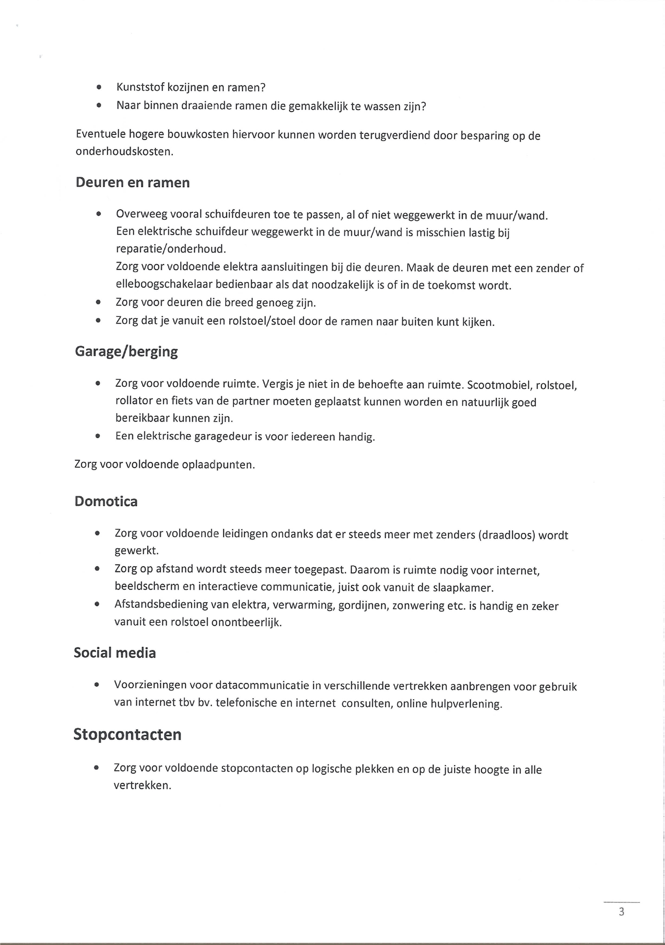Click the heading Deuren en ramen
click(133, 182)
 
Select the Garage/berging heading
click(126, 352)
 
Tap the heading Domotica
click(106, 501)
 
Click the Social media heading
click(115, 653)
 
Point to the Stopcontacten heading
click(127, 734)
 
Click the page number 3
click(621, 912)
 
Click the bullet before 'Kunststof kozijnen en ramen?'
click(99, 87)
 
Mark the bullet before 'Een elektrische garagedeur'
click(97, 436)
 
